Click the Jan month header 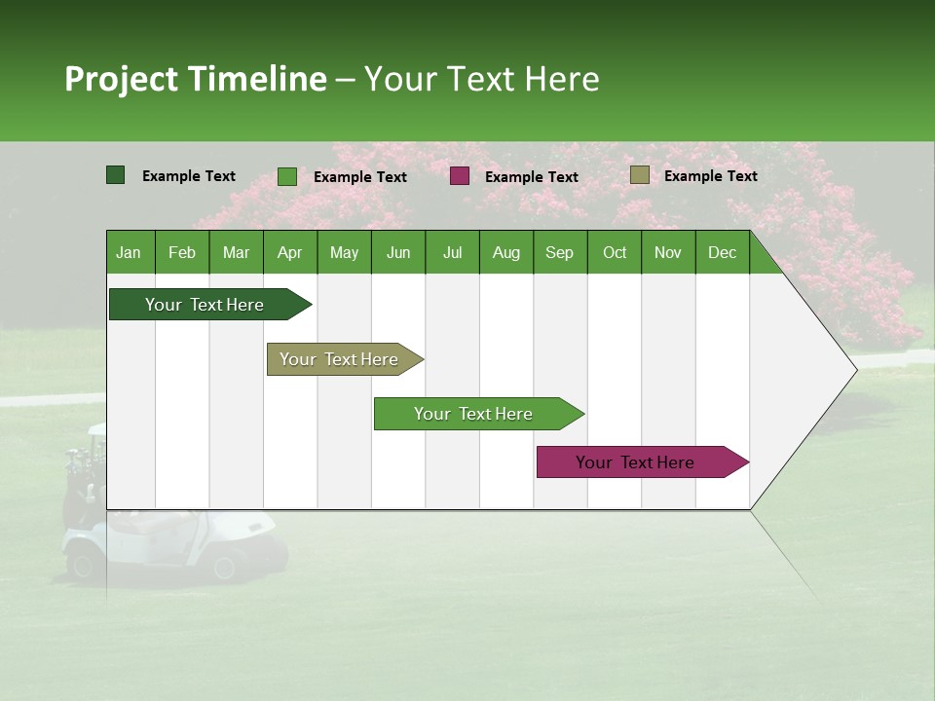coord(130,253)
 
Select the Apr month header coord(290,253)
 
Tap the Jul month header coord(452,253)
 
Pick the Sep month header coord(560,253)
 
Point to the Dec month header coord(722,253)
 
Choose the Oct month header coord(615,253)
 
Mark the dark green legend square coord(116,175)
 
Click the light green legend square coord(287,176)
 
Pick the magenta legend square coord(460,176)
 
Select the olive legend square coord(640,175)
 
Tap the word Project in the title coord(122,79)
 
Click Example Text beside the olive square coord(710,176)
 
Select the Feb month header coord(182,253)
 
